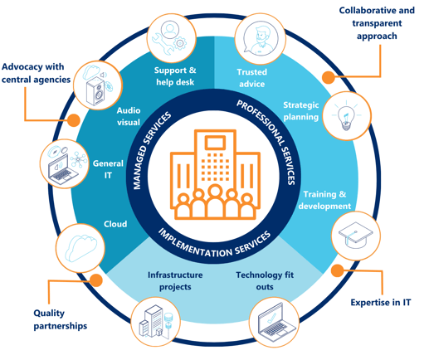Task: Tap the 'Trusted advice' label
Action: [251, 79]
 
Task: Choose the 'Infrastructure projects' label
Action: [169, 281]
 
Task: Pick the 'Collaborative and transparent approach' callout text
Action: [376, 24]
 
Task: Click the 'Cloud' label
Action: [115, 224]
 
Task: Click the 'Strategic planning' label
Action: [300, 111]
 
